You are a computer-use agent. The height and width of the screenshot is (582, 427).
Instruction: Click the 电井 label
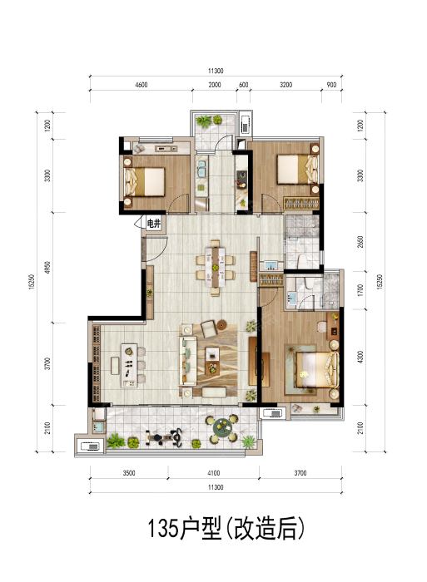click(x=153, y=224)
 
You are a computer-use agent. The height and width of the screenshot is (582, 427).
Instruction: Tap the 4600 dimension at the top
click(x=142, y=85)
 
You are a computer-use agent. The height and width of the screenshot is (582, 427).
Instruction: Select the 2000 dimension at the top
click(x=215, y=85)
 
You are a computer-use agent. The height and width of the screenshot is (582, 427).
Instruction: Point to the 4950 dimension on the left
click(x=47, y=268)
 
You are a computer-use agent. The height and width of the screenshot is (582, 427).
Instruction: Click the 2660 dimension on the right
click(x=360, y=242)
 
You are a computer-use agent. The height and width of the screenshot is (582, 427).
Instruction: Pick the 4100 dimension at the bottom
click(x=213, y=473)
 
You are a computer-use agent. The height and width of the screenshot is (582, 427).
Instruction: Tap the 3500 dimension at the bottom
click(x=128, y=473)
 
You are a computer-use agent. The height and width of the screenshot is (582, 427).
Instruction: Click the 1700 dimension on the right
click(x=360, y=290)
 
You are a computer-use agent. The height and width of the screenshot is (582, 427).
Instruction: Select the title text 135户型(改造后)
click(x=226, y=528)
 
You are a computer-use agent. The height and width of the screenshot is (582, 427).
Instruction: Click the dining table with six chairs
click(x=216, y=267)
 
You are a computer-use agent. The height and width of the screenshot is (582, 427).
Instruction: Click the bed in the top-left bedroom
click(x=144, y=181)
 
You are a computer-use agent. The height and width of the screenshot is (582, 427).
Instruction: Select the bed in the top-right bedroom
click(x=298, y=170)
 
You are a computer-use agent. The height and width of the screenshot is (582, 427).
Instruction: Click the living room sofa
click(x=188, y=360)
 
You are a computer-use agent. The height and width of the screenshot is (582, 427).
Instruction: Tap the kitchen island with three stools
click(x=128, y=366)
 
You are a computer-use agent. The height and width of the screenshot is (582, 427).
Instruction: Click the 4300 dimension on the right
click(x=360, y=357)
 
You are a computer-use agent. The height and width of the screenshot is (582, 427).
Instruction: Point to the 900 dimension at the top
click(x=331, y=85)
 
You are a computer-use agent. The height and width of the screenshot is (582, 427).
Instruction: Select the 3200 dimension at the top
click(x=285, y=85)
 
